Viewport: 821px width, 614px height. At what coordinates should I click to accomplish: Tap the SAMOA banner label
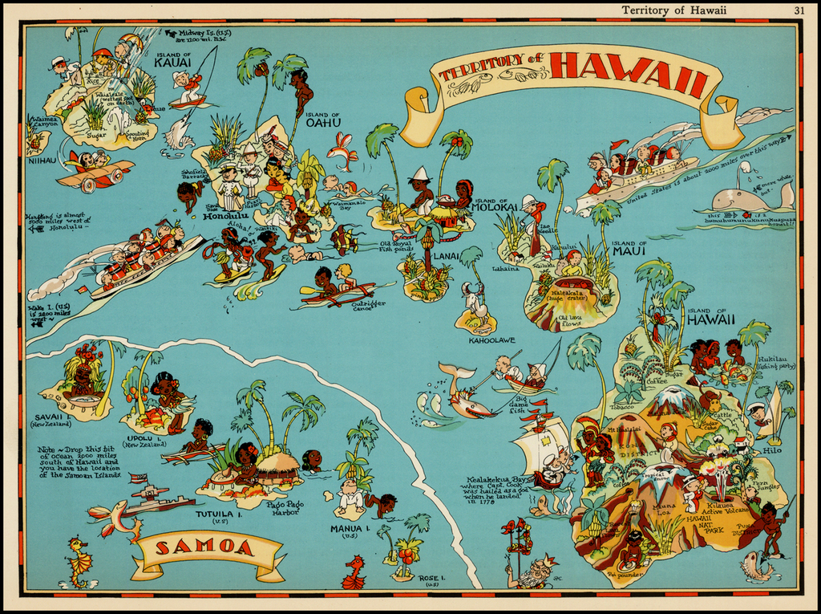tap(204, 548)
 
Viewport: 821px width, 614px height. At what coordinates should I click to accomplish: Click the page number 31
tap(799, 10)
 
